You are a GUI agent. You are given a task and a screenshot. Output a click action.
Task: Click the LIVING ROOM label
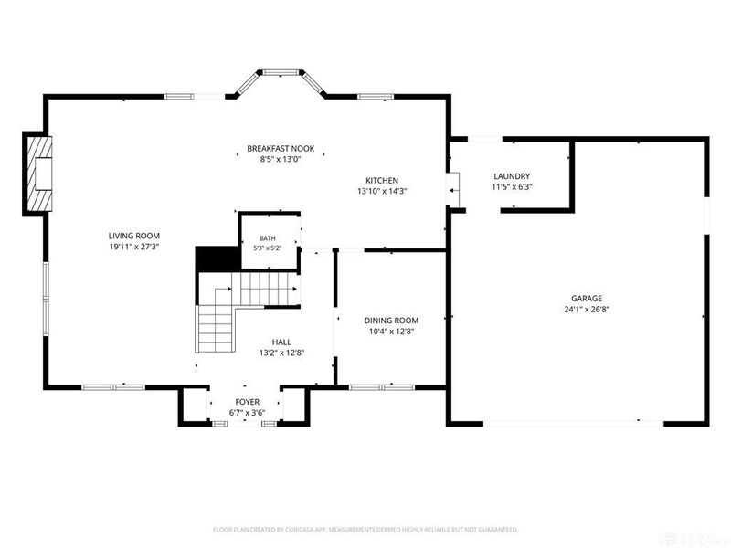click(133, 236)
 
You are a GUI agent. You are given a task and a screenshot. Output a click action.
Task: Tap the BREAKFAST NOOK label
click(281, 149)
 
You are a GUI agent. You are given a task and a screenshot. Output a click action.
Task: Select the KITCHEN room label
click(382, 180)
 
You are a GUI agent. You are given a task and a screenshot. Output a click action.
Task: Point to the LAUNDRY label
click(512, 176)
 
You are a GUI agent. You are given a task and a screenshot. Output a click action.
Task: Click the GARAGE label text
click(587, 299)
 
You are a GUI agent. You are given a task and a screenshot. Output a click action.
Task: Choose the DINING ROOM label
click(391, 321)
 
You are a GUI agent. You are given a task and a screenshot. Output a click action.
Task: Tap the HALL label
click(281, 342)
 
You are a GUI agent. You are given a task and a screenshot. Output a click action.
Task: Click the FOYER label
click(247, 402)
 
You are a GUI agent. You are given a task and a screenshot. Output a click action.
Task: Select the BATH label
click(268, 238)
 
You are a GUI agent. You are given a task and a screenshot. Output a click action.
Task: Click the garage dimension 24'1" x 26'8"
click(587, 309)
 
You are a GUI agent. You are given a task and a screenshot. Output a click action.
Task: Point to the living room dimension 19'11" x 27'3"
click(134, 247)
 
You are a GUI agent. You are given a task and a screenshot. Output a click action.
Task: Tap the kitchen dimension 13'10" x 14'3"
click(382, 191)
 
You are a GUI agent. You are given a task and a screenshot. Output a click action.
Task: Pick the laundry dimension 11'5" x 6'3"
click(512, 187)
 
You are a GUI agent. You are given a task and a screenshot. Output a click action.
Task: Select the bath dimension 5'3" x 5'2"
click(268, 248)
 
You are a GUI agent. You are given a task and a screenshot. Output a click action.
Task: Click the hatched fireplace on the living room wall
click(38, 174)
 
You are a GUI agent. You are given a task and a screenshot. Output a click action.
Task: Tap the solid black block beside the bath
click(217, 259)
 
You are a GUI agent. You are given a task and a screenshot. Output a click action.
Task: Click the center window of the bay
click(281, 72)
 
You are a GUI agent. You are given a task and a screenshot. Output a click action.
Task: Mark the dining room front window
click(382, 387)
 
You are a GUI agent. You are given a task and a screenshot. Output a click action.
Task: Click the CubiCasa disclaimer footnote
click(365, 530)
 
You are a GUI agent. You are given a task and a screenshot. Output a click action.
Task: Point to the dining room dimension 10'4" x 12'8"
click(392, 332)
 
